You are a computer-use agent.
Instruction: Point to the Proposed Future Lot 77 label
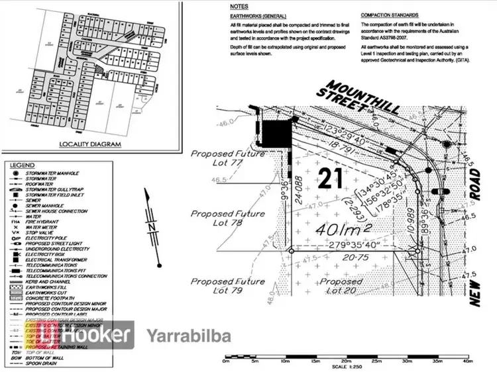click(x=228, y=159)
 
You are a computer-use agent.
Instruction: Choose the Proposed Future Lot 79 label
click(x=228, y=286)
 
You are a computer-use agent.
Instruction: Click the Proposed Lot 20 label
click(x=341, y=286)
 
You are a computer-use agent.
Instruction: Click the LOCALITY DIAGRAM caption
click(x=90, y=144)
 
